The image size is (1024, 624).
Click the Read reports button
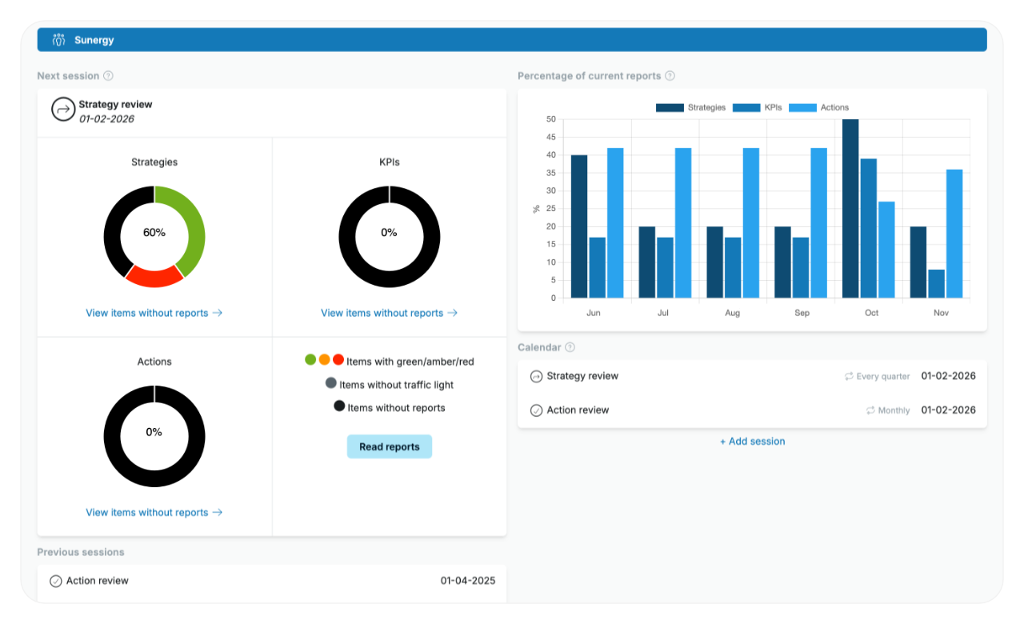[x=389, y=446]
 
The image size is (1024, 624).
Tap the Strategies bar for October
[x=850, y=209]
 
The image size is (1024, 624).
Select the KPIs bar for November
[x=936, y=283]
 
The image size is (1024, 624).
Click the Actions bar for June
[x=615, y=222]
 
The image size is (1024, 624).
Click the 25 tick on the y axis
[x=550, y=209]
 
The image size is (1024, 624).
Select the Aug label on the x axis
[x=732, y=313]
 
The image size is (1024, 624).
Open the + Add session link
[x=752, y=441]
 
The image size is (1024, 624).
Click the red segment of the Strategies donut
[x=155, y=275]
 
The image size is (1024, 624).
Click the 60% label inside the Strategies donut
[x=154, y=233]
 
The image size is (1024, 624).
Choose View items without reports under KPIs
[x=389, y=313]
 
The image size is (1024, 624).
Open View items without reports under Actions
[x=154, y=512]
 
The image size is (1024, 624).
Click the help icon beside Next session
[x=108, y=76]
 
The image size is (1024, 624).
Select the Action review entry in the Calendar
[x=578, y=410]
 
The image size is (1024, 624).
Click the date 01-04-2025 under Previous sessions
[x=467, y=581]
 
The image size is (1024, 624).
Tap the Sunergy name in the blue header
[x=94, y=40]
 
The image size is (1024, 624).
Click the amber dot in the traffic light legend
[x=324, y=360]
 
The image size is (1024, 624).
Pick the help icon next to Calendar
[x=570, y=347]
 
